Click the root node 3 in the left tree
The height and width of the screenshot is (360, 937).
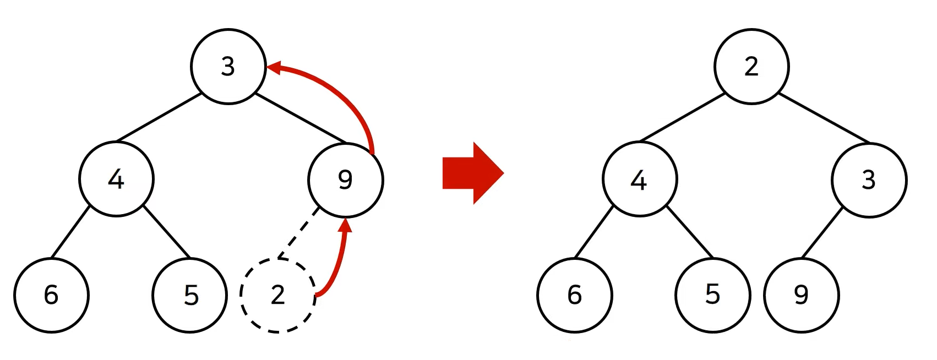pyautogui.click(x=228, y=67)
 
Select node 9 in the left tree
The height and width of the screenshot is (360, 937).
pyautogui.click(x=345, y=179)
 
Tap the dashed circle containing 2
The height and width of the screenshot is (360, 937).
pyautogui.click(x=278, y=295)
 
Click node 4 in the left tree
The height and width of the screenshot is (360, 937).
pyautogui.click(x=116, y=179)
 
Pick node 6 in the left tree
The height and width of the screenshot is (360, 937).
pyautogui.click(x=51, y=295)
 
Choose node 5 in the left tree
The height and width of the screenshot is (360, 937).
pyautogui.click(x=190, y=295)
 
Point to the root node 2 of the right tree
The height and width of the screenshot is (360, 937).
pyautogui.click(x=751, y=67)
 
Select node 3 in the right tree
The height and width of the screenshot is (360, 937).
pyautogui.click(x=869, y=179)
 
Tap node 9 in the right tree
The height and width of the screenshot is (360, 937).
pyautogui.click(x=802, y=295)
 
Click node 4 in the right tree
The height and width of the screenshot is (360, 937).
pyautogui.click(x=640, y=179)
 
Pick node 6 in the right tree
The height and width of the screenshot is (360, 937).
pyautogui.click(x=575, y=295)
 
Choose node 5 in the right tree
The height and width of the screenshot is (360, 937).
pyautogui.click(x=713, y=295)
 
